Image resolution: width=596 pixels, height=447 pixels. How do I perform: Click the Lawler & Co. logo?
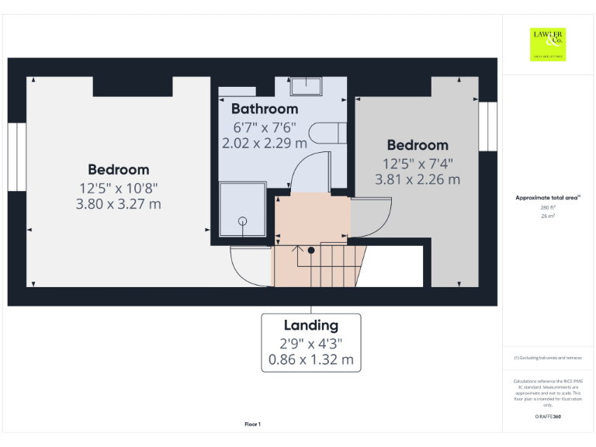(548, 44)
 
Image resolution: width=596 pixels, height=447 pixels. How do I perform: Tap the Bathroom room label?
(265, 109)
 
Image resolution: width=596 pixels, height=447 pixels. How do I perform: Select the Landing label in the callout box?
(310, 325)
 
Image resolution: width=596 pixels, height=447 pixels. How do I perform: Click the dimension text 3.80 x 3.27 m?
(120, 204)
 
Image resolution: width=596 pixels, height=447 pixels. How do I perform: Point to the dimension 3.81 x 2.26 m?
(418, 179)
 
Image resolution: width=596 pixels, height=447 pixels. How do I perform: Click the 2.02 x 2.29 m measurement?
(265, 143)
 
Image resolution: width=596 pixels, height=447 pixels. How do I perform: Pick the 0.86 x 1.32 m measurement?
(310, 359)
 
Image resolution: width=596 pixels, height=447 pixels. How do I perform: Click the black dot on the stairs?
(311, 250)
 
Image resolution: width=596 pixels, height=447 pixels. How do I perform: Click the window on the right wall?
(488, 126)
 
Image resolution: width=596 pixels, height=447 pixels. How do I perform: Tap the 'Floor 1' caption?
(252, 424)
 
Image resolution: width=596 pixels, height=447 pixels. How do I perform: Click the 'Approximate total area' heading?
(547, 198)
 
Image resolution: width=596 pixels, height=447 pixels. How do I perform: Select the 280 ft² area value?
(548, 208)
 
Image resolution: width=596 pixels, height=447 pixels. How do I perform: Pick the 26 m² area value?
(548, 217)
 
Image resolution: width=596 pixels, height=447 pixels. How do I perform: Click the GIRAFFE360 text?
(548, 417)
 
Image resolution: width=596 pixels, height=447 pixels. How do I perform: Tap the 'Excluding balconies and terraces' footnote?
(548, 358)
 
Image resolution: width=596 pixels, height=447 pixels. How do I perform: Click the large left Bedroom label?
(118, 169)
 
